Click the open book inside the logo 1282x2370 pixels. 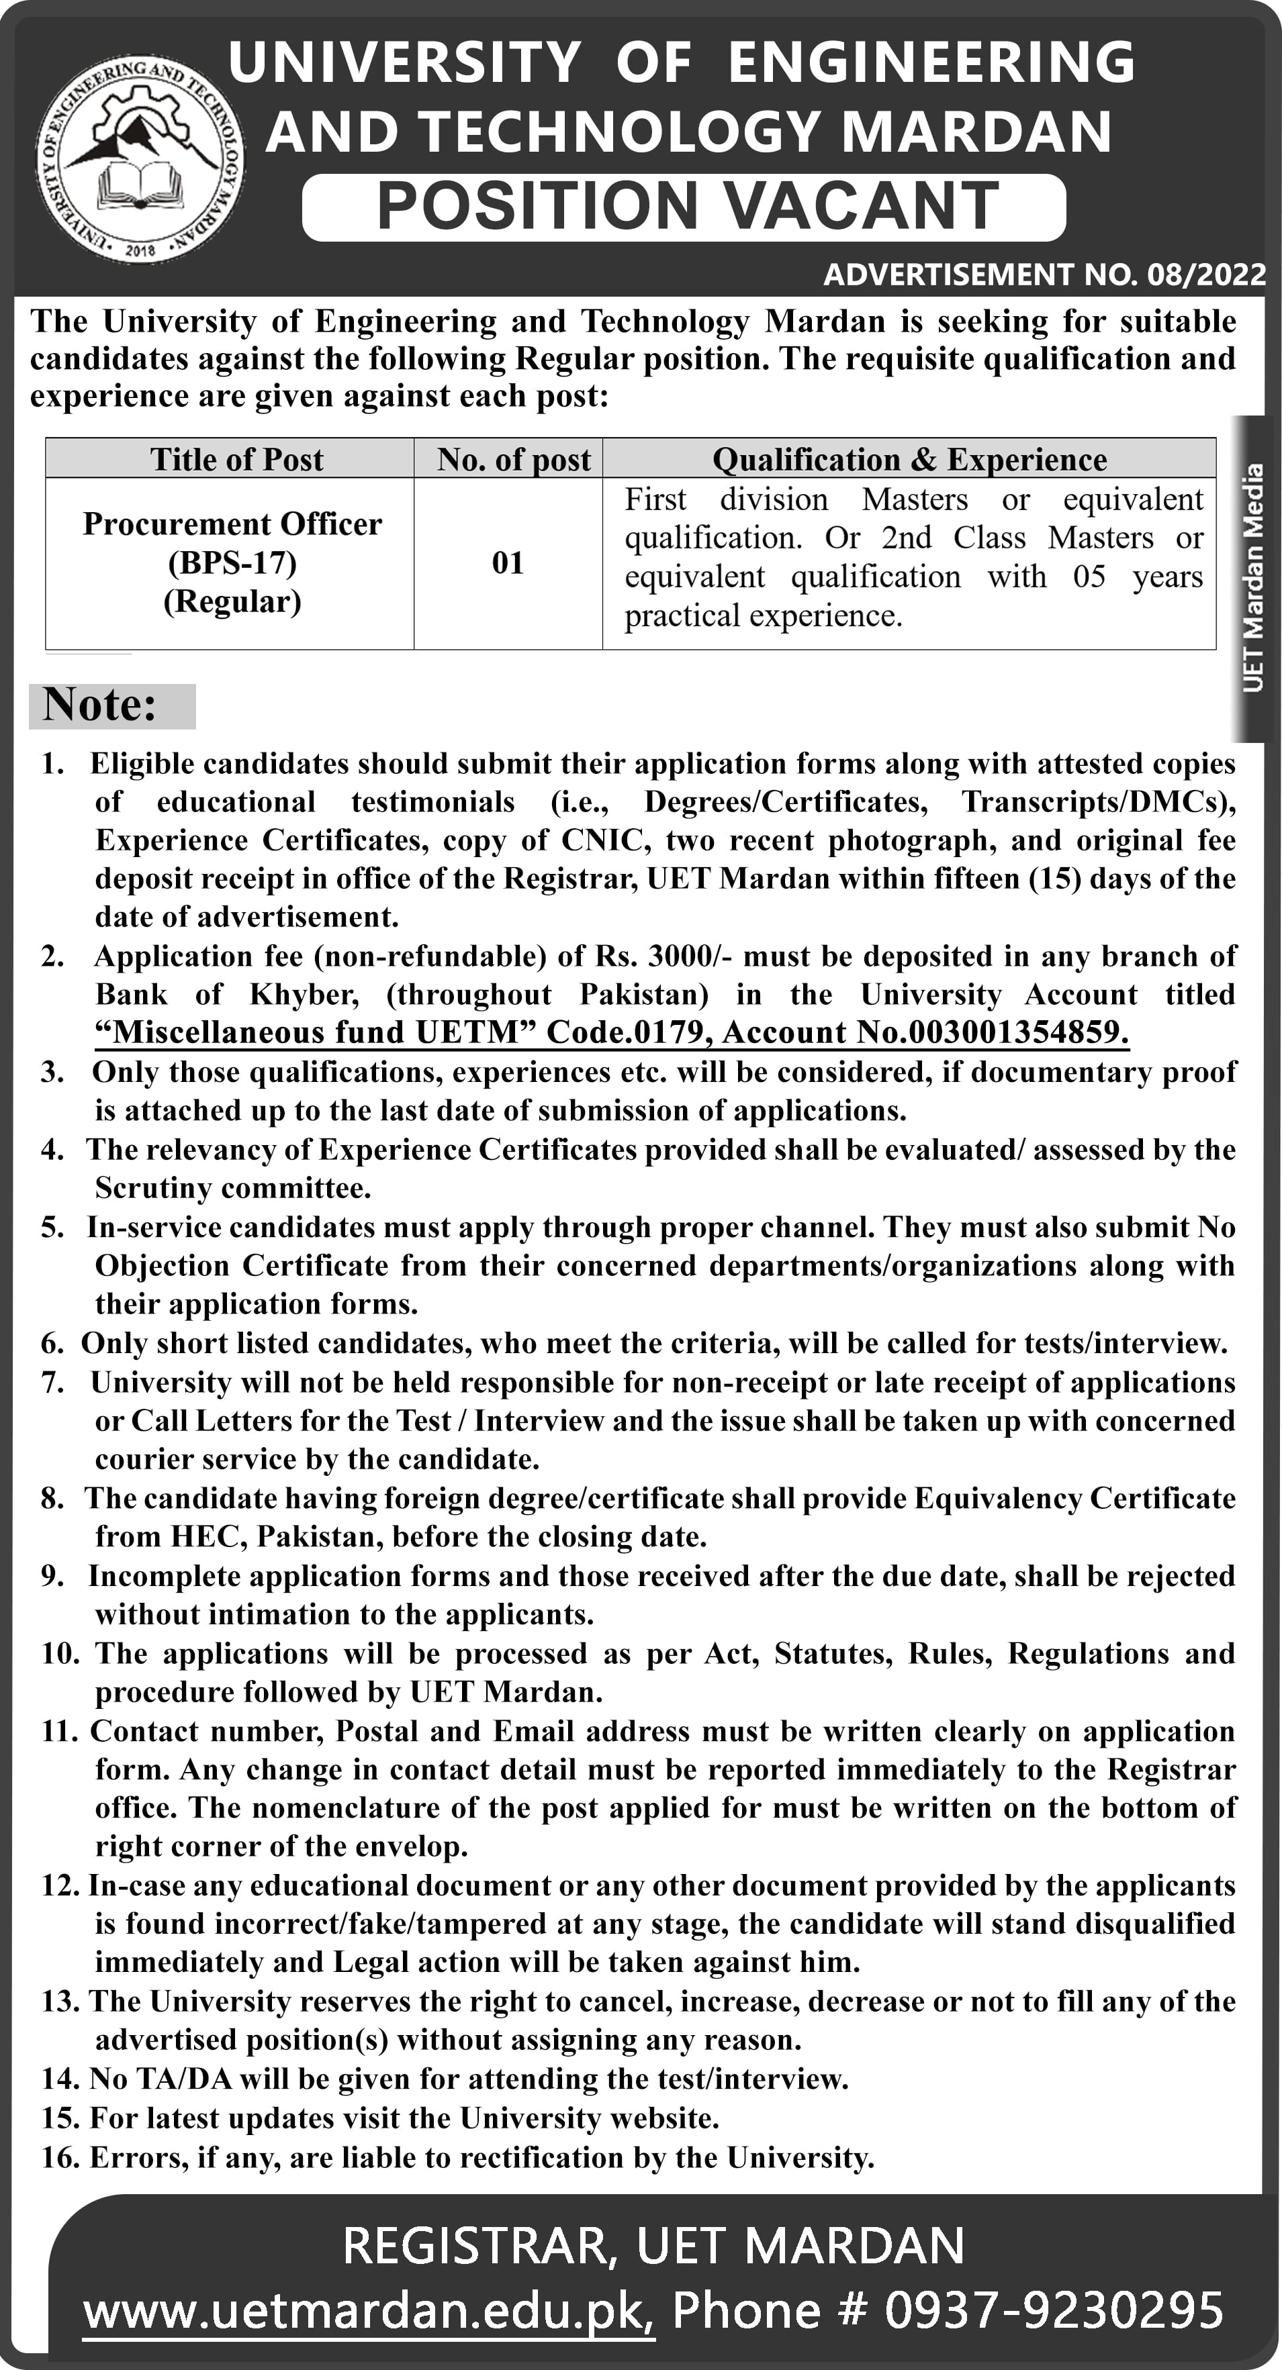(140, 184)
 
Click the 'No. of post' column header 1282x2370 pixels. (512, 459)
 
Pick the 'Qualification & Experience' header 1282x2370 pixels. (909, 459)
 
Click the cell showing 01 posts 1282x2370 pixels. (507, 562)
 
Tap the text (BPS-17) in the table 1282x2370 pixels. (232, 562)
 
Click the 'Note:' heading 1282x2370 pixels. (99, 705)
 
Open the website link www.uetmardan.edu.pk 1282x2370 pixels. (368, 2310)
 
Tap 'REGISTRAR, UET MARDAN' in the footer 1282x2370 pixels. (653, 2246)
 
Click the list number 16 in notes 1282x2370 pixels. (60, 2157)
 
